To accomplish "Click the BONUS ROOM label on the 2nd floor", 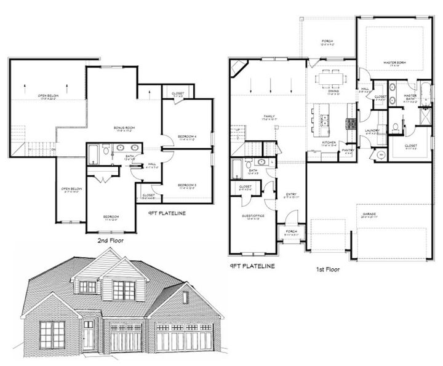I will pos(120,128).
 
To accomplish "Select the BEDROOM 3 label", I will pos(186,185).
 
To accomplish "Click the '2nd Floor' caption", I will pos(111,241).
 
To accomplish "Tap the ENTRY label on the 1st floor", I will pos(292,196).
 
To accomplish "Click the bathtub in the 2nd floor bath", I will pos(93,151).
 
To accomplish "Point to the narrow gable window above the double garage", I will pos(184,298).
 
